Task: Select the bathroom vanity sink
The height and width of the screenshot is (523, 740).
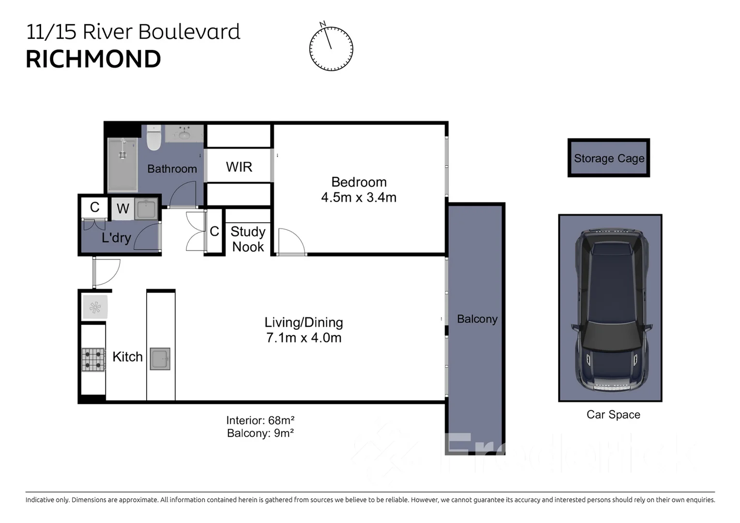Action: (x=184, y=134)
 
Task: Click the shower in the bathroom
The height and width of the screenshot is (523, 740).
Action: (x=122, y=165)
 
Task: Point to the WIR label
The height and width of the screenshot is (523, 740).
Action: (x=239, y=167)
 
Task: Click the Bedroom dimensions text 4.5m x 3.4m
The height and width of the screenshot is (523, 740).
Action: (x=359, y=198)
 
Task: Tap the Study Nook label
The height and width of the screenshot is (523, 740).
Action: (x=248, y=239)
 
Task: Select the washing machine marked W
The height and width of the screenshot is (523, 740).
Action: (x=123, y=209)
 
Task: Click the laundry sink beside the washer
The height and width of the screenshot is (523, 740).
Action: (x=146, y=209)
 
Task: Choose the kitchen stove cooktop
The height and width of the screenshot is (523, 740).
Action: (x=93, y=360)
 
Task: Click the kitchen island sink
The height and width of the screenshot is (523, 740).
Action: (x=160, y=359)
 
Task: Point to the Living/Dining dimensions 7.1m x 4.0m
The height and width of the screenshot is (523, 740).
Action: (x=303, y=338)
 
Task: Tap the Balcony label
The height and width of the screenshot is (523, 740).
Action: (x=477, y=319)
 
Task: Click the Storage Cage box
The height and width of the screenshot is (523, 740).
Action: (x=608, y=158)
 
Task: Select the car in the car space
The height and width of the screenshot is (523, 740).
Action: (x=610, y=308)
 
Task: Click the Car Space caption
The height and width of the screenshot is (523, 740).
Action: (x=613, y=415)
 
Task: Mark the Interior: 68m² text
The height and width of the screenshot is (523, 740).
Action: (x=260, y=420)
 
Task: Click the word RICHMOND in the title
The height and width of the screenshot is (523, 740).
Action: (x=93, y=60)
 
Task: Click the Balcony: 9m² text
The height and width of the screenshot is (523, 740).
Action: (x=260, y=433)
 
